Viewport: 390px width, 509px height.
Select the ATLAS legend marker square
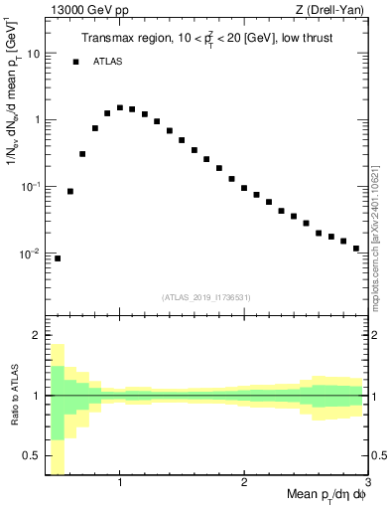75,62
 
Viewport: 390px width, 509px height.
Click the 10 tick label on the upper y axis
33,54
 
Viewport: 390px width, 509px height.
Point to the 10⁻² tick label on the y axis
31,254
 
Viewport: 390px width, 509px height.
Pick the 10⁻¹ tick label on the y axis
31,187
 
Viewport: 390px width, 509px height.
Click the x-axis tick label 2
244,483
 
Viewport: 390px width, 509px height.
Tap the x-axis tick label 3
367,483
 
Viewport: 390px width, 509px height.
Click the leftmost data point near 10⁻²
58,258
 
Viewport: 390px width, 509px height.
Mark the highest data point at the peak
120,107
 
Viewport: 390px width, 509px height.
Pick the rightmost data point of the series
356,249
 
